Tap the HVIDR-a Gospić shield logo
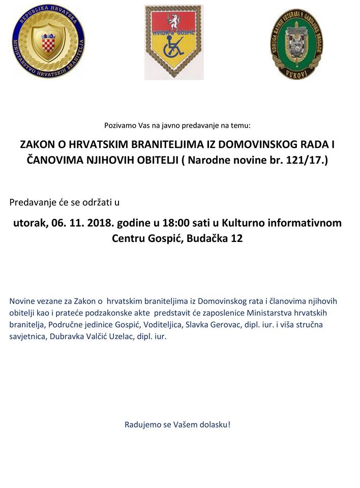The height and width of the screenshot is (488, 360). pyautogui.click(x=173, y=42)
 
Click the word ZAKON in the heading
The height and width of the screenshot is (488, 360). pyautogui.click(x=36, y=145)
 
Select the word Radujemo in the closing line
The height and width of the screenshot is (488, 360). pyautogui.click(x=140, y=424)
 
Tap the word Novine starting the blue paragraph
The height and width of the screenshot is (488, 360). pyautogui.click(x=22, y=301)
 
